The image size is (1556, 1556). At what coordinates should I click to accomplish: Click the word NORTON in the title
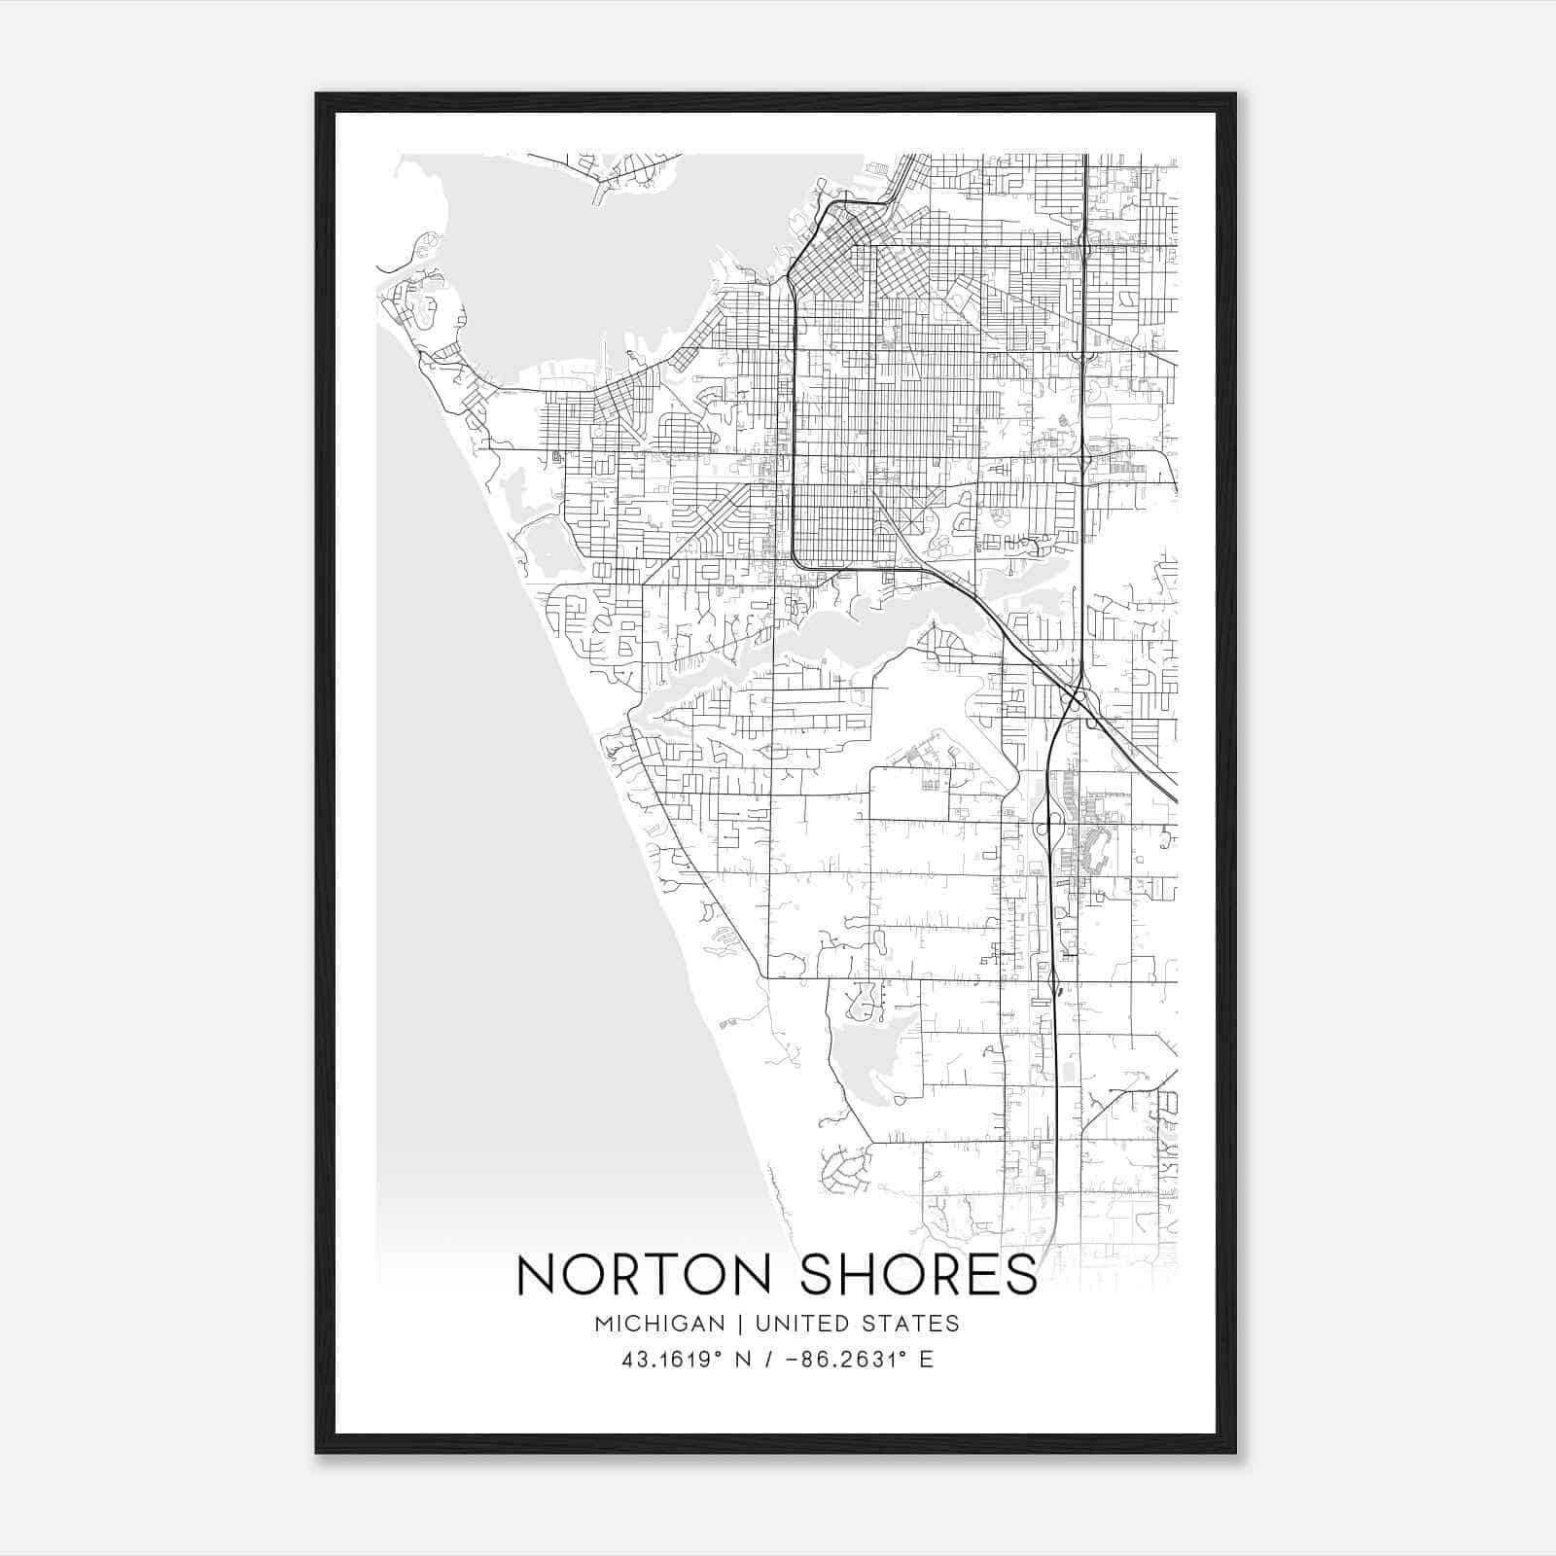tap(645, 1275)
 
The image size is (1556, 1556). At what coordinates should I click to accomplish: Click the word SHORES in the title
tap(918, 1275)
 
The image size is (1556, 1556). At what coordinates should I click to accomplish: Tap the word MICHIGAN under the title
tap(659, 1324)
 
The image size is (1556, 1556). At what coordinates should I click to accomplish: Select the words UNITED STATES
tap(857, 1324)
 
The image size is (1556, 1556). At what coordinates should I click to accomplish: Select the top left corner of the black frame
tap(318, 95)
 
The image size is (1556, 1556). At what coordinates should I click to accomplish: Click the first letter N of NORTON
tap(536, 1275)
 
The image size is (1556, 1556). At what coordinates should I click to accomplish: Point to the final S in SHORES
tap(1021, 1275)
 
